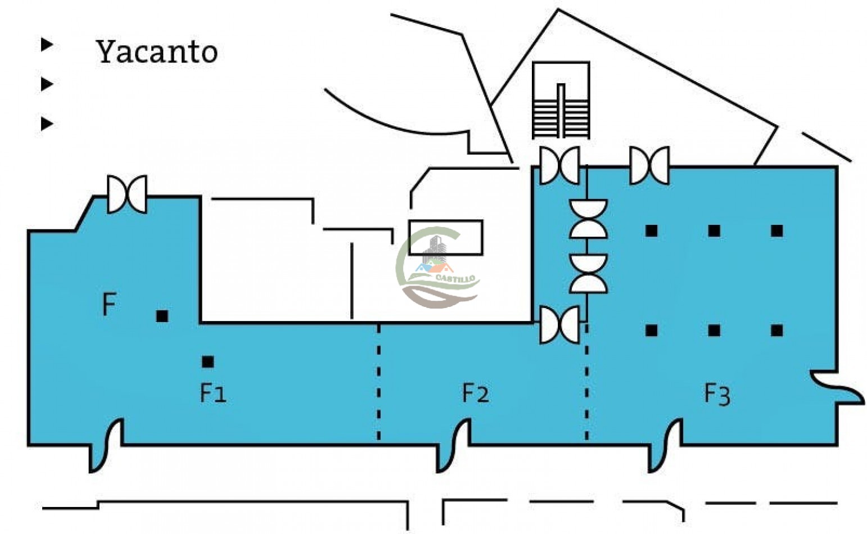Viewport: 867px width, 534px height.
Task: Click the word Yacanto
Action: [157, 52]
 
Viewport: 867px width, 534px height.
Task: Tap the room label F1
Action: [213, 393]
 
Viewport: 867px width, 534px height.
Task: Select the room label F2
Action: [476, 393]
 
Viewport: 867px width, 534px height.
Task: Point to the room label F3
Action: [717, 394]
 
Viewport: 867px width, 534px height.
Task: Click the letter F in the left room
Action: [109, 304]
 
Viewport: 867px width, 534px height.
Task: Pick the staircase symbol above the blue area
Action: [561, 100]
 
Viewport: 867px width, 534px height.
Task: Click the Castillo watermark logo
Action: [438, 268]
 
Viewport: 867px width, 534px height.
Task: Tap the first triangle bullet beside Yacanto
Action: [47, 44]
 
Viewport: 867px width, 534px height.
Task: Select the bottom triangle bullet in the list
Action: [47, 124]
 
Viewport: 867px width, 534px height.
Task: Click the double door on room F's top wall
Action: [127, 194]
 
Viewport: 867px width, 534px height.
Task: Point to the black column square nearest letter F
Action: [162, 316]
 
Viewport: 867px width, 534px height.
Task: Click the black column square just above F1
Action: [208, 362]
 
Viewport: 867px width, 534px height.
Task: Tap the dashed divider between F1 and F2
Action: [378, 382]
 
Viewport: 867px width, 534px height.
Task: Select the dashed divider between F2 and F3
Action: [587, 382]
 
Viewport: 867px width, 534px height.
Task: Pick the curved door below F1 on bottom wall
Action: [106, 445]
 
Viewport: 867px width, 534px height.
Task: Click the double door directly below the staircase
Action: [560, 165]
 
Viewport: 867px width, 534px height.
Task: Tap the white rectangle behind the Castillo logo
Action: [446, 238]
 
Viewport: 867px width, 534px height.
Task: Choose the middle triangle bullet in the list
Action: [47, 84]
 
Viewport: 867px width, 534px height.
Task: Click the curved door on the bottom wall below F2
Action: [453, 445]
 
